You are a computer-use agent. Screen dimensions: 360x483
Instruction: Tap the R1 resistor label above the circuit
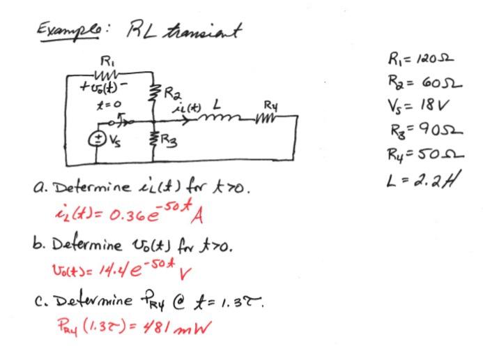point(105,59)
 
